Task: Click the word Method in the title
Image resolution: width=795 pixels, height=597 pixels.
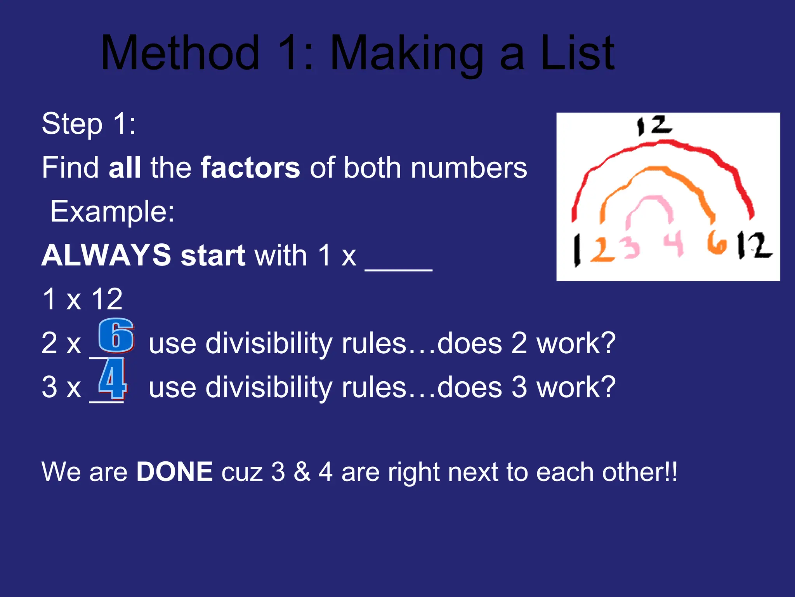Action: pos(180,53)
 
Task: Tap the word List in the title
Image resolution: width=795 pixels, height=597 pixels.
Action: pos(577,53)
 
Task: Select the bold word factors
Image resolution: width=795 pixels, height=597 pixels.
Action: pos(250,168)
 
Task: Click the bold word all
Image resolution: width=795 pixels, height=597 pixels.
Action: pos(125,168)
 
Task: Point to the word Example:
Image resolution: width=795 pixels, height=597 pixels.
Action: pos(112,212)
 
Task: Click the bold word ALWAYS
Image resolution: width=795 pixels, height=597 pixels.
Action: pos(106,256)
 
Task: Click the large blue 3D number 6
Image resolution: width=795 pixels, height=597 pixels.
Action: pos(116,335)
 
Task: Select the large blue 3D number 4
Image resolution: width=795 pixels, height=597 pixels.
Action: pos(112,379)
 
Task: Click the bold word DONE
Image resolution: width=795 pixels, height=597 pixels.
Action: pos(174,472)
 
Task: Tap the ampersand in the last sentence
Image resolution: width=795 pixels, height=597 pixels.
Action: pos(302,472)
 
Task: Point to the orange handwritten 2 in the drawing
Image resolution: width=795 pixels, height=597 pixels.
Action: pos(602,250)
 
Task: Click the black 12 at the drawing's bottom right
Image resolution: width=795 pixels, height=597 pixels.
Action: pos(754,246)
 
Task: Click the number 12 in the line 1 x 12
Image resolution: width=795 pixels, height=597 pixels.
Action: pos(107,299)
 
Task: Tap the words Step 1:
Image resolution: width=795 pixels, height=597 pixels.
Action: pos(89,124)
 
